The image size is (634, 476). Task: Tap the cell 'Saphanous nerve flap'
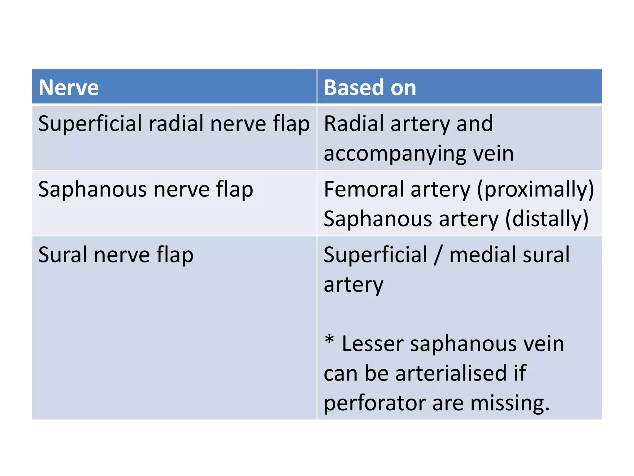(145, 189)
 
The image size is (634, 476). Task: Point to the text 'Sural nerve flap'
(116, 255)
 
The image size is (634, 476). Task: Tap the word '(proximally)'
(535, 189)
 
